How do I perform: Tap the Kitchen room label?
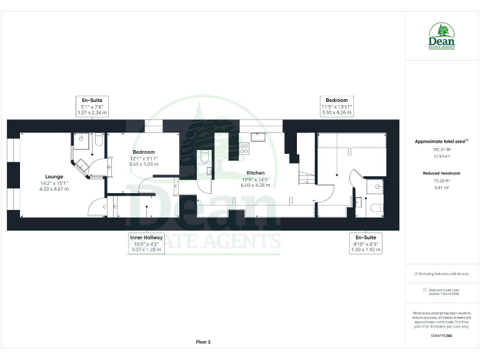click(255, 172)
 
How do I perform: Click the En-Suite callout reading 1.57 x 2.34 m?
click(92, 106)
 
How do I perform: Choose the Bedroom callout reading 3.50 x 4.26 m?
click(337, 106)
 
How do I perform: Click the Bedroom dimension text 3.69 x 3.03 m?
click(144, 164)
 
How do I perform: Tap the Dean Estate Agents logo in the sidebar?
click(441, 36)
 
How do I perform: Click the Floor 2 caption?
click(203, 342)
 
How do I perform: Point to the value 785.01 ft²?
click(441, 149)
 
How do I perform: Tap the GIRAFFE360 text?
click(441, 336)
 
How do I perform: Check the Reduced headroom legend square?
click(425, 290)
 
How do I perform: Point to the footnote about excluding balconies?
click(441, 274)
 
